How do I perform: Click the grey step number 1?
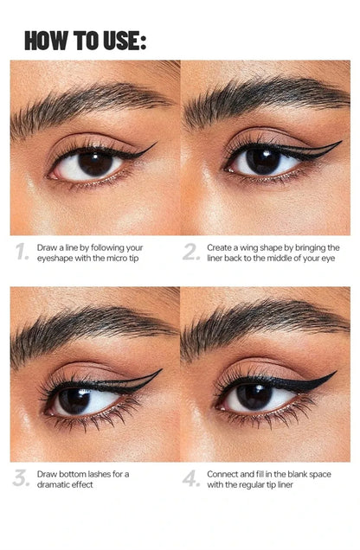(x=22, y=252)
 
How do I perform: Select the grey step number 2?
(x=191, y=252)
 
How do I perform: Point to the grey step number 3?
(x=21, y=478)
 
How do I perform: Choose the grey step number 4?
(x=191, y=478)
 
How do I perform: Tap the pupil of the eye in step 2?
(x=263, y=162)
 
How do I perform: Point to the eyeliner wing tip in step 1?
(x=156, y=143)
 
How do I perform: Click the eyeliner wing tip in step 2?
(x=341, y=142)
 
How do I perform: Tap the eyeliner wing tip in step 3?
(x=162, y=369)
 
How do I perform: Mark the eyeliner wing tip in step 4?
(x=336, y=372)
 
